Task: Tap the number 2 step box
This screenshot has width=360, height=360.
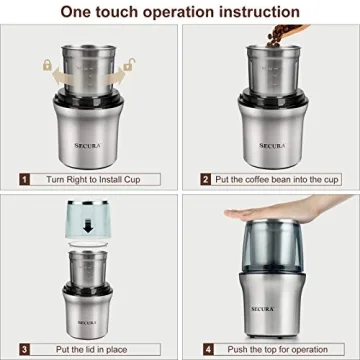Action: pyautogui.click(x=206, y=178)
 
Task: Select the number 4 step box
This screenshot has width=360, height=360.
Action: pyautogui.click(x=206, y=349)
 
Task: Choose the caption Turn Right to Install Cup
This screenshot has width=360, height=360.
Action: pyautogui.click(x=97, y=178)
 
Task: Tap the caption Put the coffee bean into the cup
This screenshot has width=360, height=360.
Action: pyautogui.click(x=278, y=178)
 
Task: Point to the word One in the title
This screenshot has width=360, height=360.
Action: pyautogui.click(x=78, y=12)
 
